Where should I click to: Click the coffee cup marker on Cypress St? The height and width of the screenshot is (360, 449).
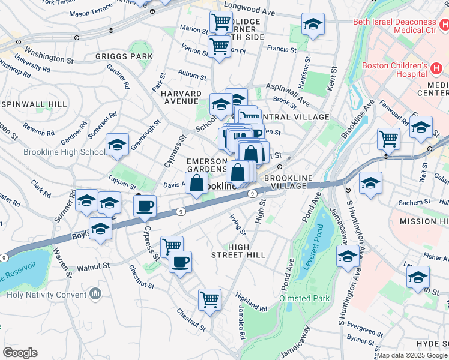pyautogui.click(x=145, y=208)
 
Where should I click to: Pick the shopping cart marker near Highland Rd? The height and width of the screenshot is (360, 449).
pyautogui.click(x=209, y=299)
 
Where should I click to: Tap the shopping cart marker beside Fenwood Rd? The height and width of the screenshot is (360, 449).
pyautogui.click(x=389, y=139)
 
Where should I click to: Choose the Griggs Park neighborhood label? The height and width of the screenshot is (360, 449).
pyautogui.click(x=124, y=57)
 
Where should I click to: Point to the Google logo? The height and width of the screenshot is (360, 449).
pyautogui.click(x=20, y=352)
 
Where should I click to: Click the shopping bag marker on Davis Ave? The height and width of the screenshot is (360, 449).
pyautogui.click(x=197, y=183)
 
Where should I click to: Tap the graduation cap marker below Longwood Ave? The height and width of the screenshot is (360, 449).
pyautogui.click(x=312, y=25)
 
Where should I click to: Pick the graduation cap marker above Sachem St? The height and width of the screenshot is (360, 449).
pyautogui.click(x=370, y=183)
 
